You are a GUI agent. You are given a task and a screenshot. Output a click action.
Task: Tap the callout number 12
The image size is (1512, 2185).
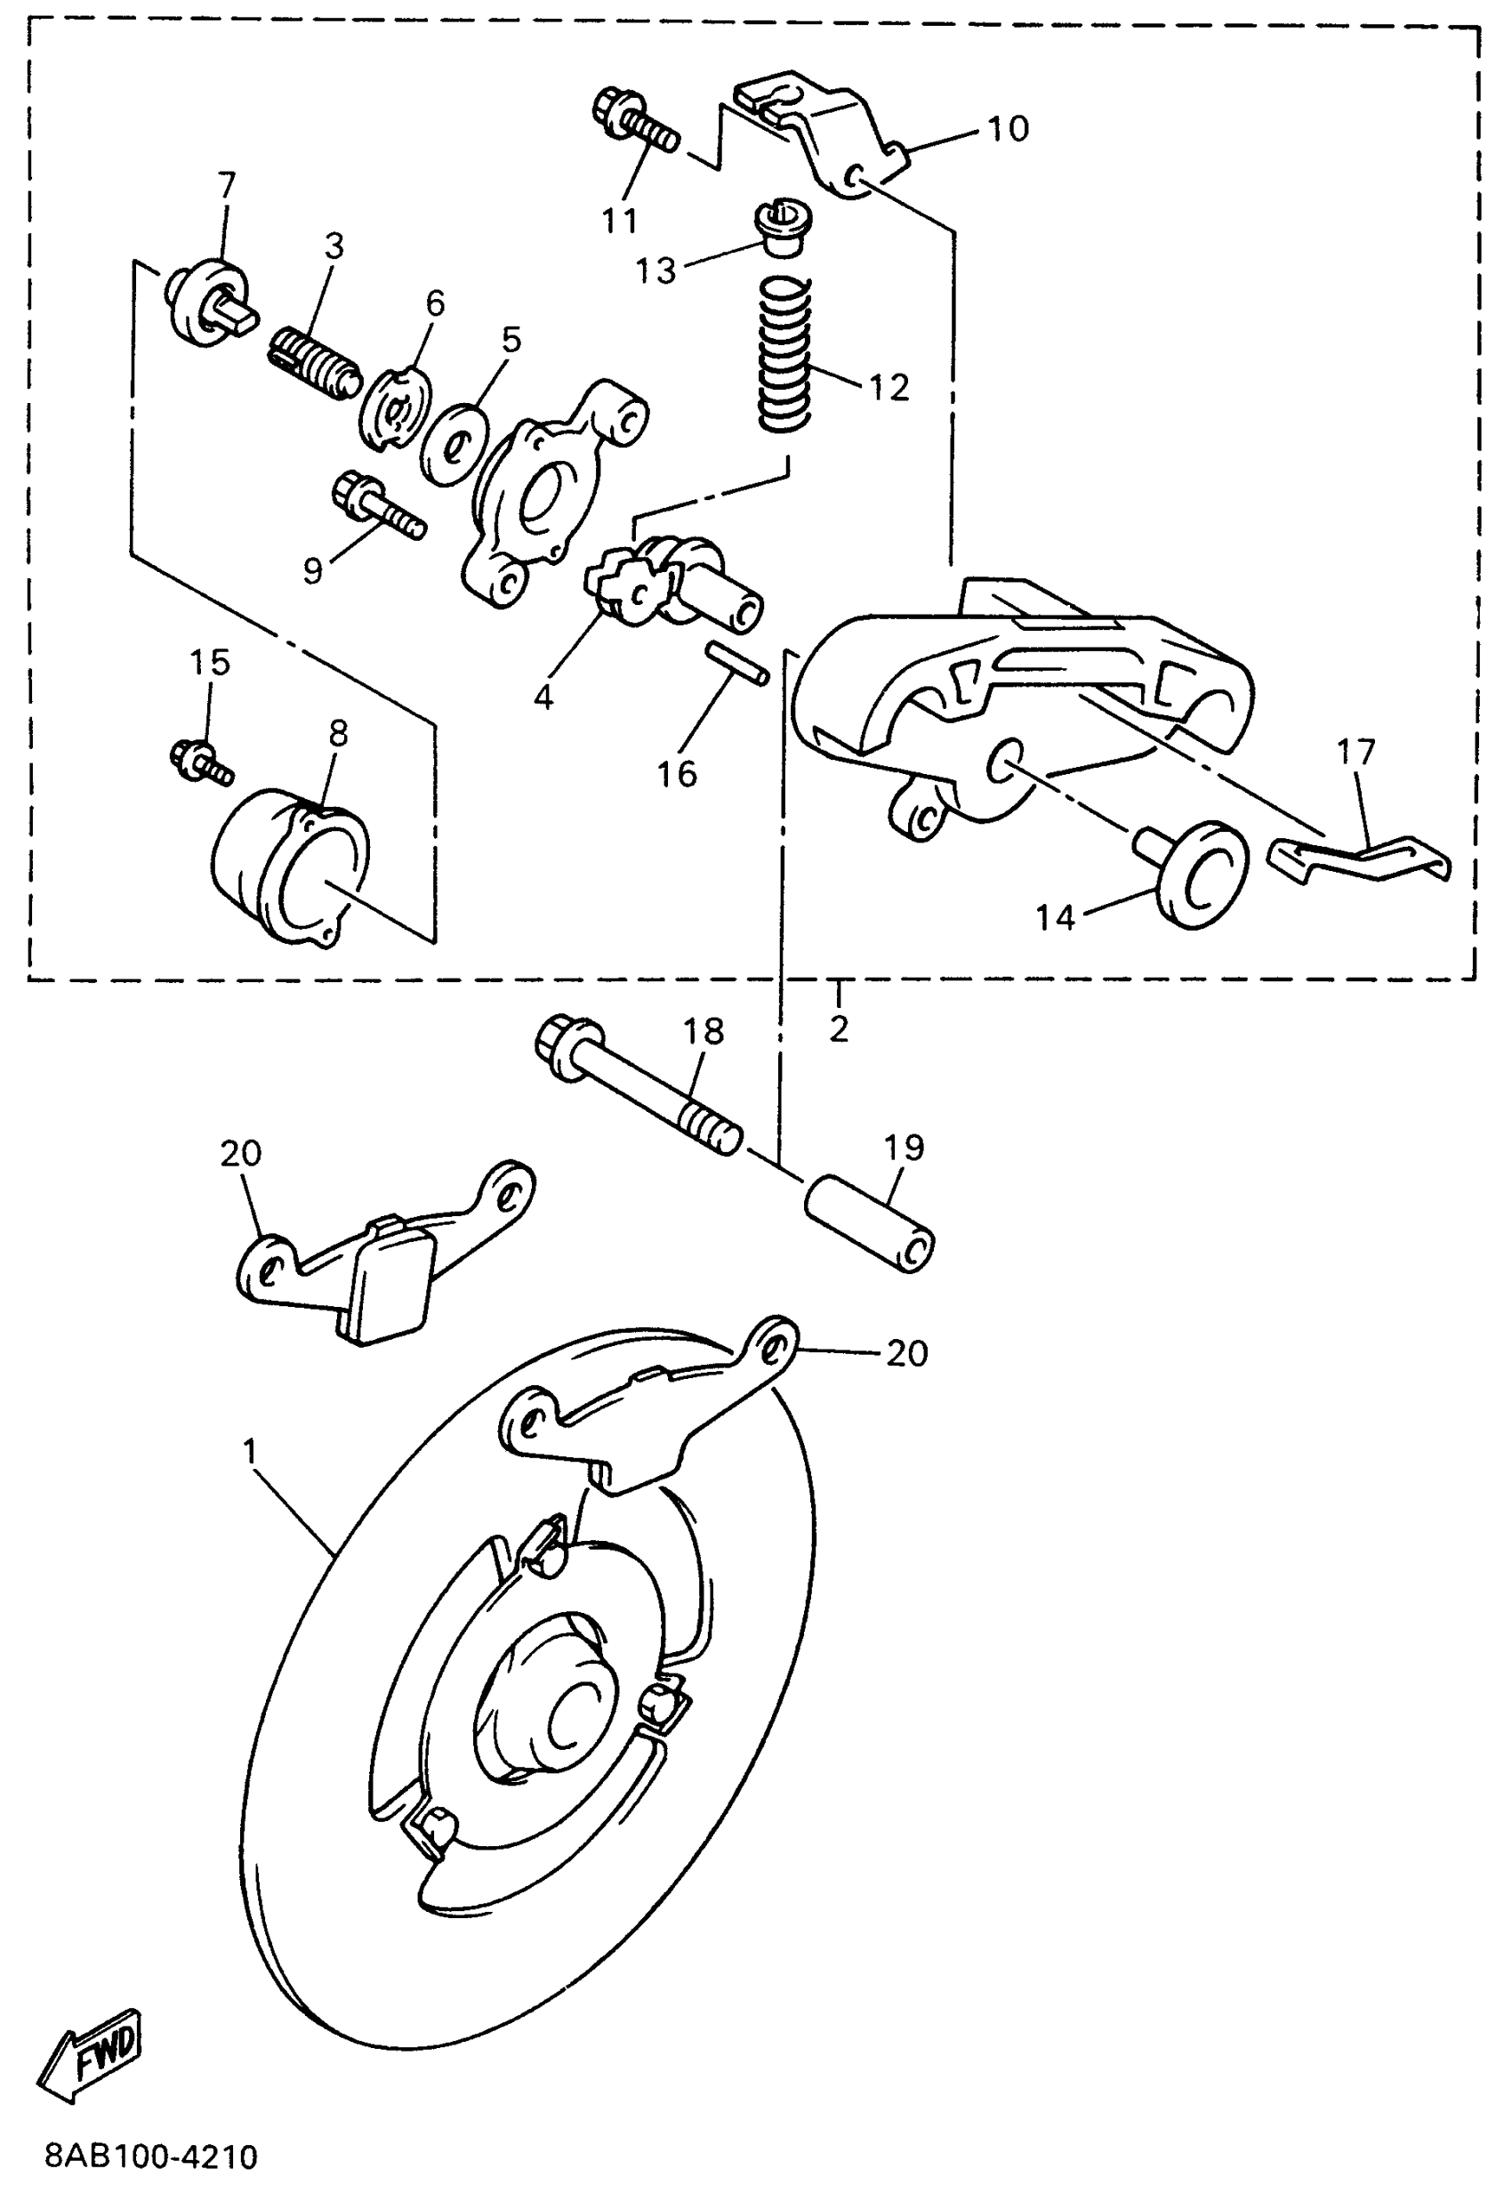888,388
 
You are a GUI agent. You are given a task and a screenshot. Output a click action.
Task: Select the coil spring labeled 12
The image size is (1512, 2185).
785,352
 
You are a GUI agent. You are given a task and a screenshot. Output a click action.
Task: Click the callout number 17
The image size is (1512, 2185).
1355,754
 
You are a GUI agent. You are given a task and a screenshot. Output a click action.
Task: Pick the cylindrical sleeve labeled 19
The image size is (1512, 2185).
870,1222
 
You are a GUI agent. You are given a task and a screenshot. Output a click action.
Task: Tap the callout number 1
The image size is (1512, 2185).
250,1452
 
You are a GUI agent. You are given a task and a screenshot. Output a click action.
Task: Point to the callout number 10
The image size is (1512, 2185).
1008,129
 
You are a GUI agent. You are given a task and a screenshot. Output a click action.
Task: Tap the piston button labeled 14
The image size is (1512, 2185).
1197,874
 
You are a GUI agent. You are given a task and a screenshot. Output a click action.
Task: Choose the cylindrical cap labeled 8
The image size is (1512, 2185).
289,862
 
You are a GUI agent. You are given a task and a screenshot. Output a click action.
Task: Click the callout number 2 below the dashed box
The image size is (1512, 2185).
839,1028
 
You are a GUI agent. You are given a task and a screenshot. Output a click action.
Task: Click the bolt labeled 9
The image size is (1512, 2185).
379,506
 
